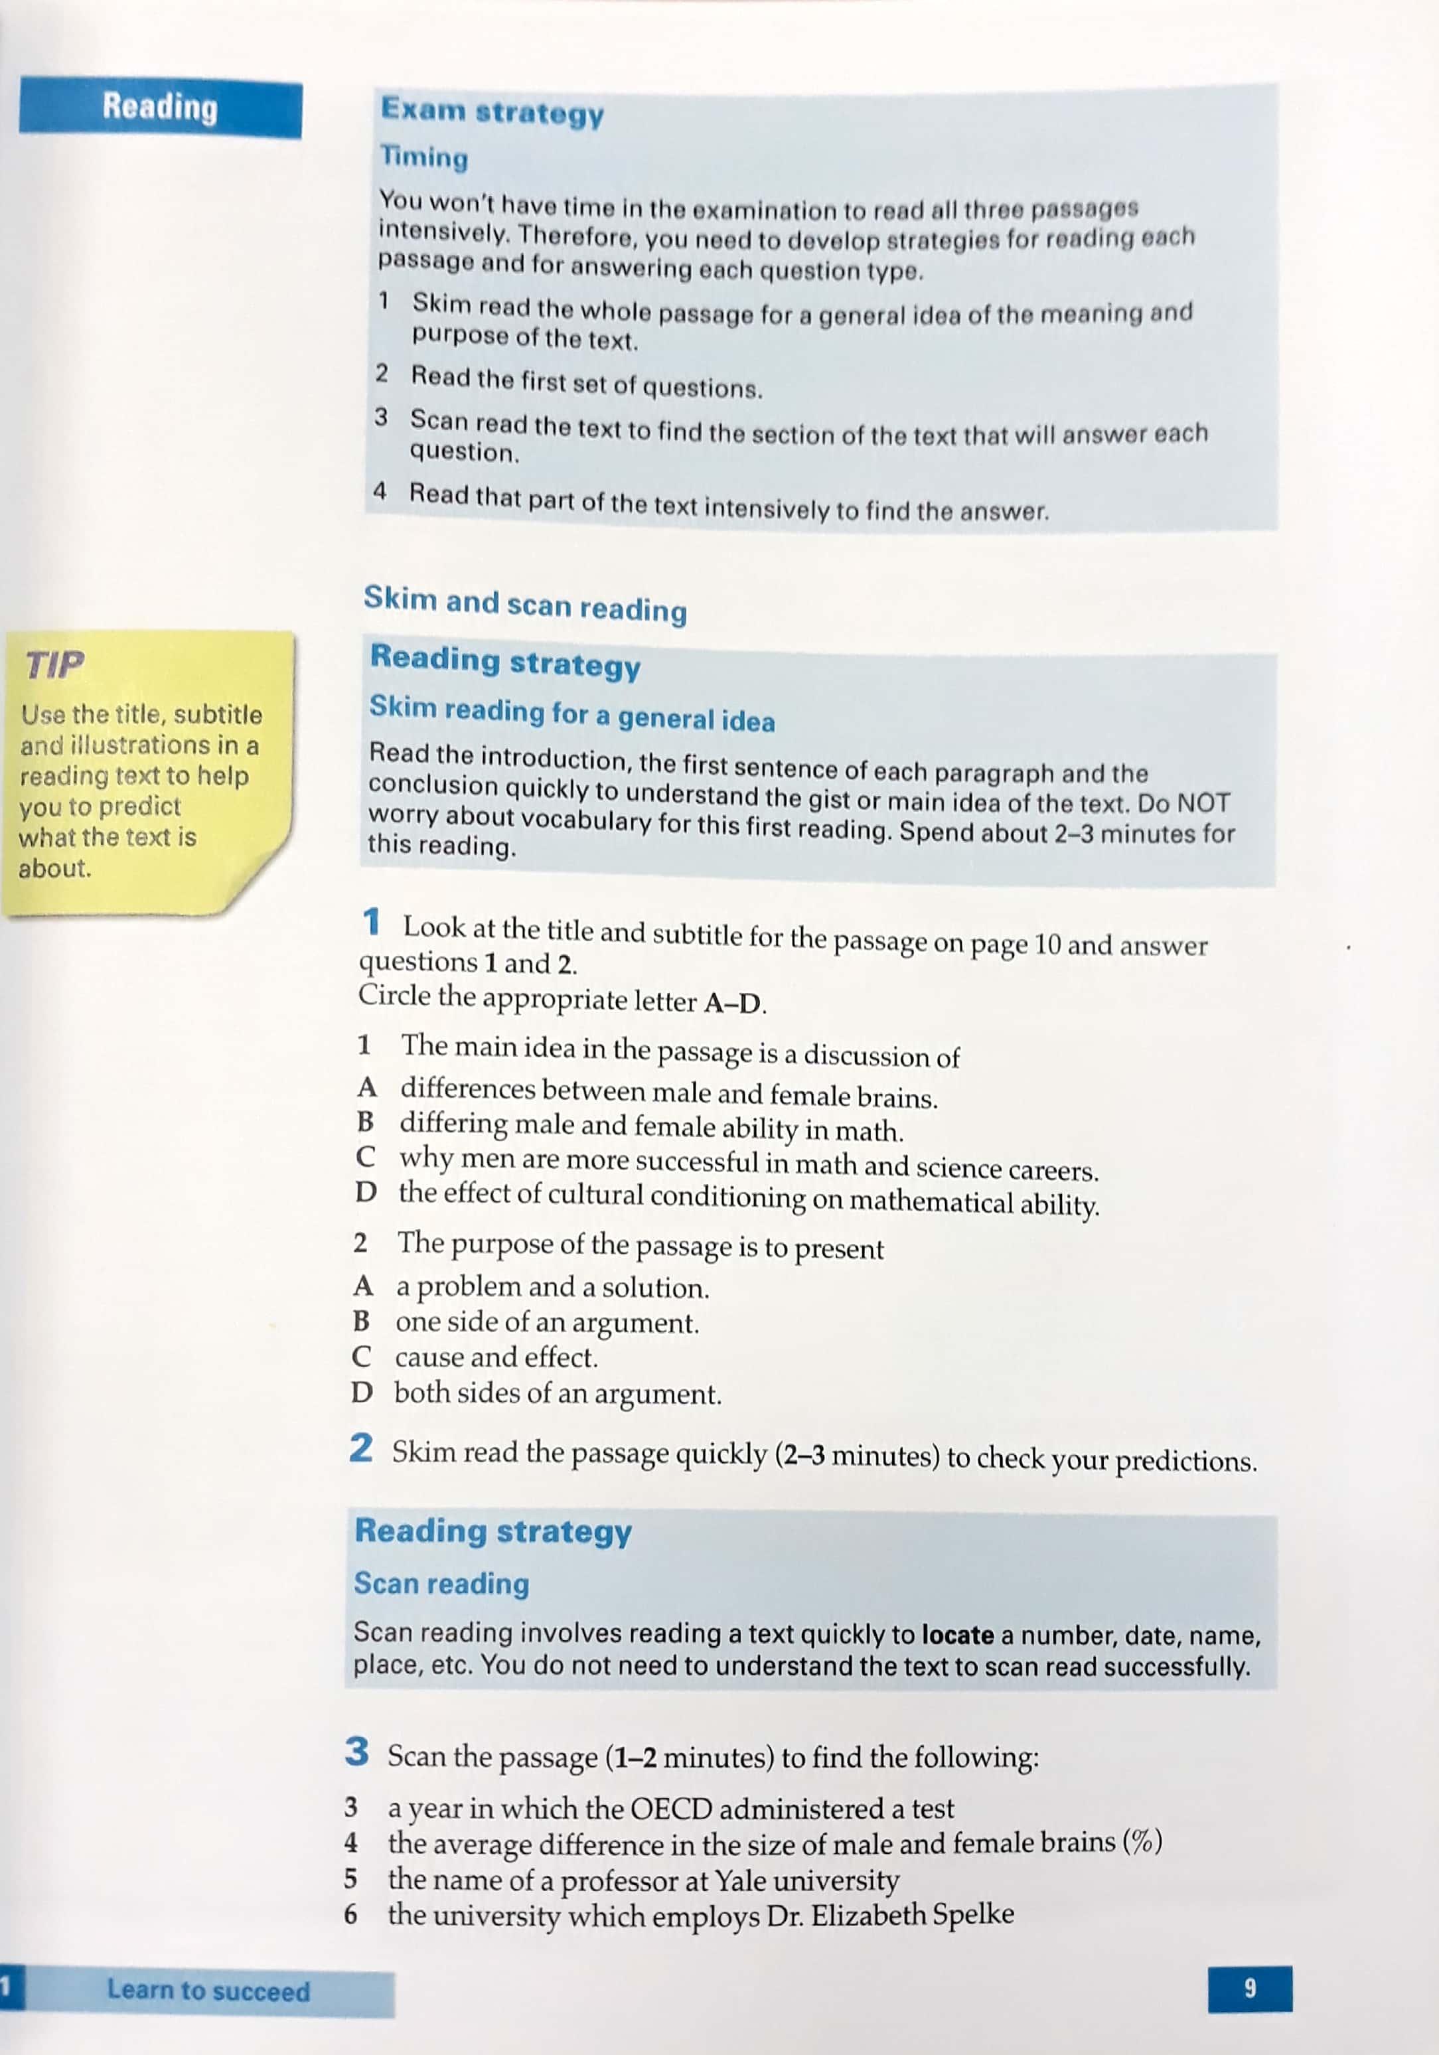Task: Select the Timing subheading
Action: tap(424, 157)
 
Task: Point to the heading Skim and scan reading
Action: tap(524, 603)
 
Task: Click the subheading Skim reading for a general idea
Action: tap(572, 714)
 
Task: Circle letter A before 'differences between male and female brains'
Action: tap(367, 1087)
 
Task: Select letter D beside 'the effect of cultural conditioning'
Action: tap(365, 1192)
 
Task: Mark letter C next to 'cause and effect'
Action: tap(362, 1357)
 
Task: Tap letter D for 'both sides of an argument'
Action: tap(362, 1393)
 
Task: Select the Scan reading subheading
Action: tap(441, 1583)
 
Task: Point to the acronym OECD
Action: tap(670, 1809)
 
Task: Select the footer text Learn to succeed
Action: tap(208, 1991)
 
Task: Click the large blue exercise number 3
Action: tap(356, 1752)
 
